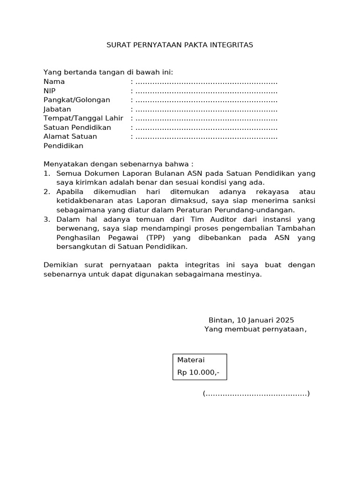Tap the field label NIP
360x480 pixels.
pyautogui.click(x=49, y=91)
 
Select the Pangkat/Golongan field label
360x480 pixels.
pyautogui.click(x=77, y=100)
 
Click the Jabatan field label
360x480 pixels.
pyautogui.click(x=57, y=109)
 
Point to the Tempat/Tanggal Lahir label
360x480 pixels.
pyautogui.click(x=83, y=118)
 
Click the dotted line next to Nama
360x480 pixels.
pyautogui.click(x=206, y=82)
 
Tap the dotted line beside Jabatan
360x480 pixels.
pyautogui.click(x=206, y=109)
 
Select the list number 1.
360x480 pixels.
pyautogui.click(x=46, y=173)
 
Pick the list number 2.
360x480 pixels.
pyautogui.click(x=46, y=192)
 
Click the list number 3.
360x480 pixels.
pyautogui.click(x=46, y=219)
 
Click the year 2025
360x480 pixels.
pyautogui.click(x=285, y=320)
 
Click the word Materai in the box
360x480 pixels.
pyautogui.click(x=191, y=360)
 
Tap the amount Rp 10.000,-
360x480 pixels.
pyautogui.click(x=198, y=373)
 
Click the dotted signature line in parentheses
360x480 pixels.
pyautogui.click(x=256, y=394)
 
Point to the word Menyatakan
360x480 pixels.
pyautogui.click(x=63, y=165)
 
